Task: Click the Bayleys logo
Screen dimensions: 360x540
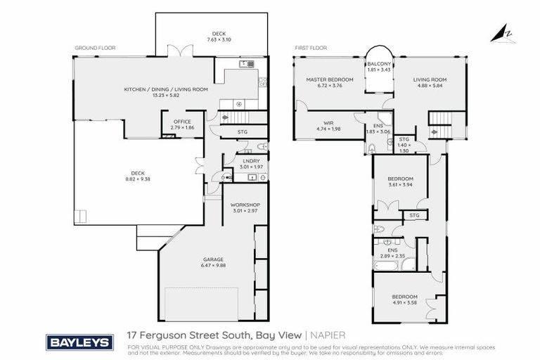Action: tap(79, 342)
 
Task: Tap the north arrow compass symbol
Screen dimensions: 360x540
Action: tap(504, 33)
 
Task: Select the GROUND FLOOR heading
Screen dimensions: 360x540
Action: tap(95, 49)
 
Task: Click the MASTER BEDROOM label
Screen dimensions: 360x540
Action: tap(329, 80)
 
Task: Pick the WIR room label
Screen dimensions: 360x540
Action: tap(328, 122)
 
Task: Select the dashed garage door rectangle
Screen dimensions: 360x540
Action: tap(202, 302)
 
